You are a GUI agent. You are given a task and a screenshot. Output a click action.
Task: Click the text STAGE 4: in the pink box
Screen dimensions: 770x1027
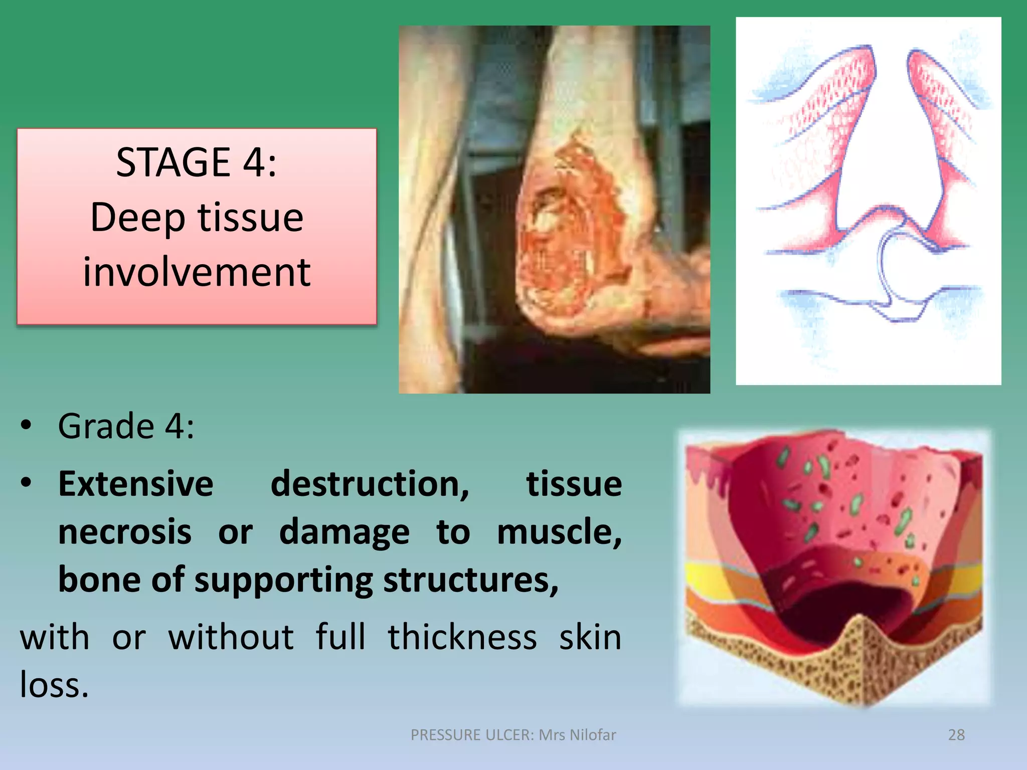(x=196, y=162)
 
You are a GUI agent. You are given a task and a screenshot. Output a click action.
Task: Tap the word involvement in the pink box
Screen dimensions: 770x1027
(x=197, y=272)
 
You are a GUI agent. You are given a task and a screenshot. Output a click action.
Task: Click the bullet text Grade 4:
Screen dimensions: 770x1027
(x=126, y=427)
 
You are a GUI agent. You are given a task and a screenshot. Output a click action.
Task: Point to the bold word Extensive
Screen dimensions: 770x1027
(x=136, y=484)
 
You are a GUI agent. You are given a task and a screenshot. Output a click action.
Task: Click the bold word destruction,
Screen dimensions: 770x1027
(x=370, y=484)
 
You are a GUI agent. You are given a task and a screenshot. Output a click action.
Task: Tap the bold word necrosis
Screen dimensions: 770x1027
(x=125, y=532)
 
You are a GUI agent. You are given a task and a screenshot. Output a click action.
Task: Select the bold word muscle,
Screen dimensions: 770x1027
(x=559, y=532)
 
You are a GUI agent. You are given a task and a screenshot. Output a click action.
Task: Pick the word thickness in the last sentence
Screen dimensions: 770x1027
(x=462, y=638)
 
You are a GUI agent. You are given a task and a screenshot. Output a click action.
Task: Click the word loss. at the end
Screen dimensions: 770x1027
(x=54, y=685)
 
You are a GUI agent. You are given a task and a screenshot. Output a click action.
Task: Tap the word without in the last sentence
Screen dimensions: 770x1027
(x=231, y=638)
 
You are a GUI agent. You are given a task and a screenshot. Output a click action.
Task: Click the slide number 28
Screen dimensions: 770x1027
(x=956, y=735)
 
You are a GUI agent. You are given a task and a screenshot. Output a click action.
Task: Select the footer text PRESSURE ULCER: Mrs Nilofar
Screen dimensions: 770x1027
(x=513, y=735)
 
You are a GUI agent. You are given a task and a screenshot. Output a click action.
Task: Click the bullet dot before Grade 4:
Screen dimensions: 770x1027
(x=26, y=426)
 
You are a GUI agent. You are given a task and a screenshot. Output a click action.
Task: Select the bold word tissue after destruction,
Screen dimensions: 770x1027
(x=574, y=484)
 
